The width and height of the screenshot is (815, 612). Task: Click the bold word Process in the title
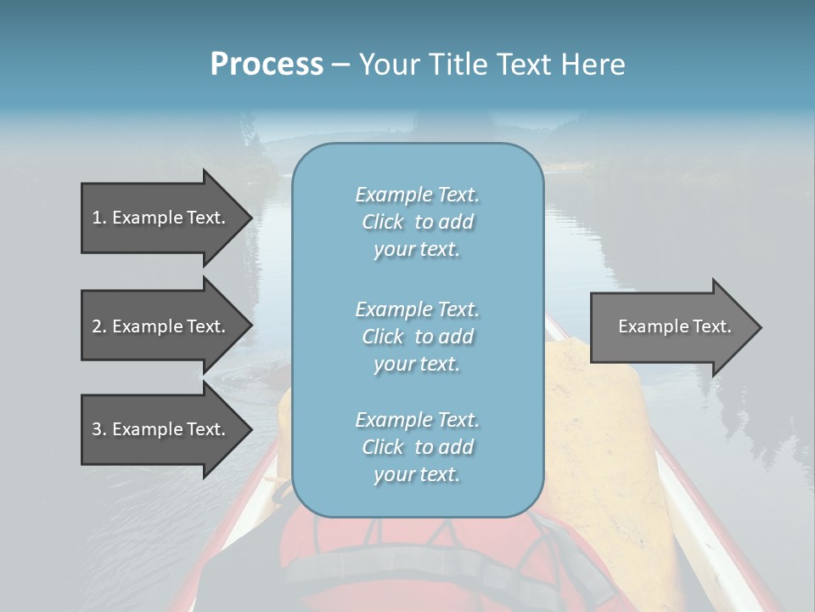(x=267, y=65)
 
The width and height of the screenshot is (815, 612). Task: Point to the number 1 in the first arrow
(x=98, y=218)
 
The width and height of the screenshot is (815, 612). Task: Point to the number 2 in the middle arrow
(x=98, y=326)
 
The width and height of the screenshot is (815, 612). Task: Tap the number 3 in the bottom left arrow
(x=98, y=429)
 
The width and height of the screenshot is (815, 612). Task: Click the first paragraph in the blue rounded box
(x=417, y=222)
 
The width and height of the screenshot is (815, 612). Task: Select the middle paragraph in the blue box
(x=417, y=337)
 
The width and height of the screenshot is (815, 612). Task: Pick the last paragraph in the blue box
(x=417, y=447)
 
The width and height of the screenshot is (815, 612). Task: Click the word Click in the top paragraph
(x=383, y=222)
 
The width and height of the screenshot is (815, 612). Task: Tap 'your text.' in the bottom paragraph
(x=417, y=474)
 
